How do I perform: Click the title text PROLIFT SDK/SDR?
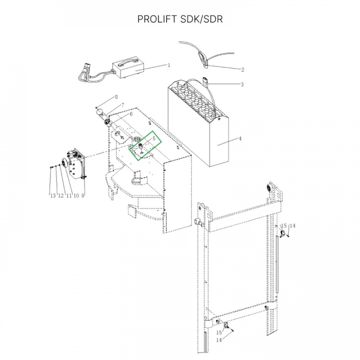tap(180, 19)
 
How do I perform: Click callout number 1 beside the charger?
tap(169, 65)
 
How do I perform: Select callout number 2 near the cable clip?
tap(242, 69)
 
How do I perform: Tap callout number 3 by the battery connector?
tap(242, 84)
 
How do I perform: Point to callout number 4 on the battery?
tap(240, 138)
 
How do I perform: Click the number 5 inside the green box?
tap(154, 138)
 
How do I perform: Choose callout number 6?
tap(131, 114)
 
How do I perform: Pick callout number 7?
tap(123, 105)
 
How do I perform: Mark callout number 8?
tap(116, 97)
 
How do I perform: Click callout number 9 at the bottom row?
tap(82, 195)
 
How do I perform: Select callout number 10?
tap(76, 195)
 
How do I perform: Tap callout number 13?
tap(53, 195)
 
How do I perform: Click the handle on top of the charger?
tap(129, 61)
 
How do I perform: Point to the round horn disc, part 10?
tap(64, 162)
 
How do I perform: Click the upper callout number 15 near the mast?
tap(284, 225)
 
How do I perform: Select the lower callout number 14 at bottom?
tap(219, 340)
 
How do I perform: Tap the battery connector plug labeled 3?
tap(205, 81)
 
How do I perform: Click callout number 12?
tap(61, 195)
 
